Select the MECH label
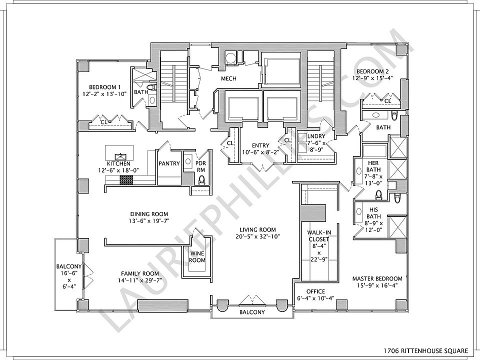tap(228, 78)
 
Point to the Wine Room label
tap(197, 256)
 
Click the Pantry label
tap(169, 163)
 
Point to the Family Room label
tap(140, 273)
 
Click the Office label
tap(315, 291)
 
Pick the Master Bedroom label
tap(377, 278)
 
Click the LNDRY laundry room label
tap(316, 136)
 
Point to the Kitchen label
tap(118, 163)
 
